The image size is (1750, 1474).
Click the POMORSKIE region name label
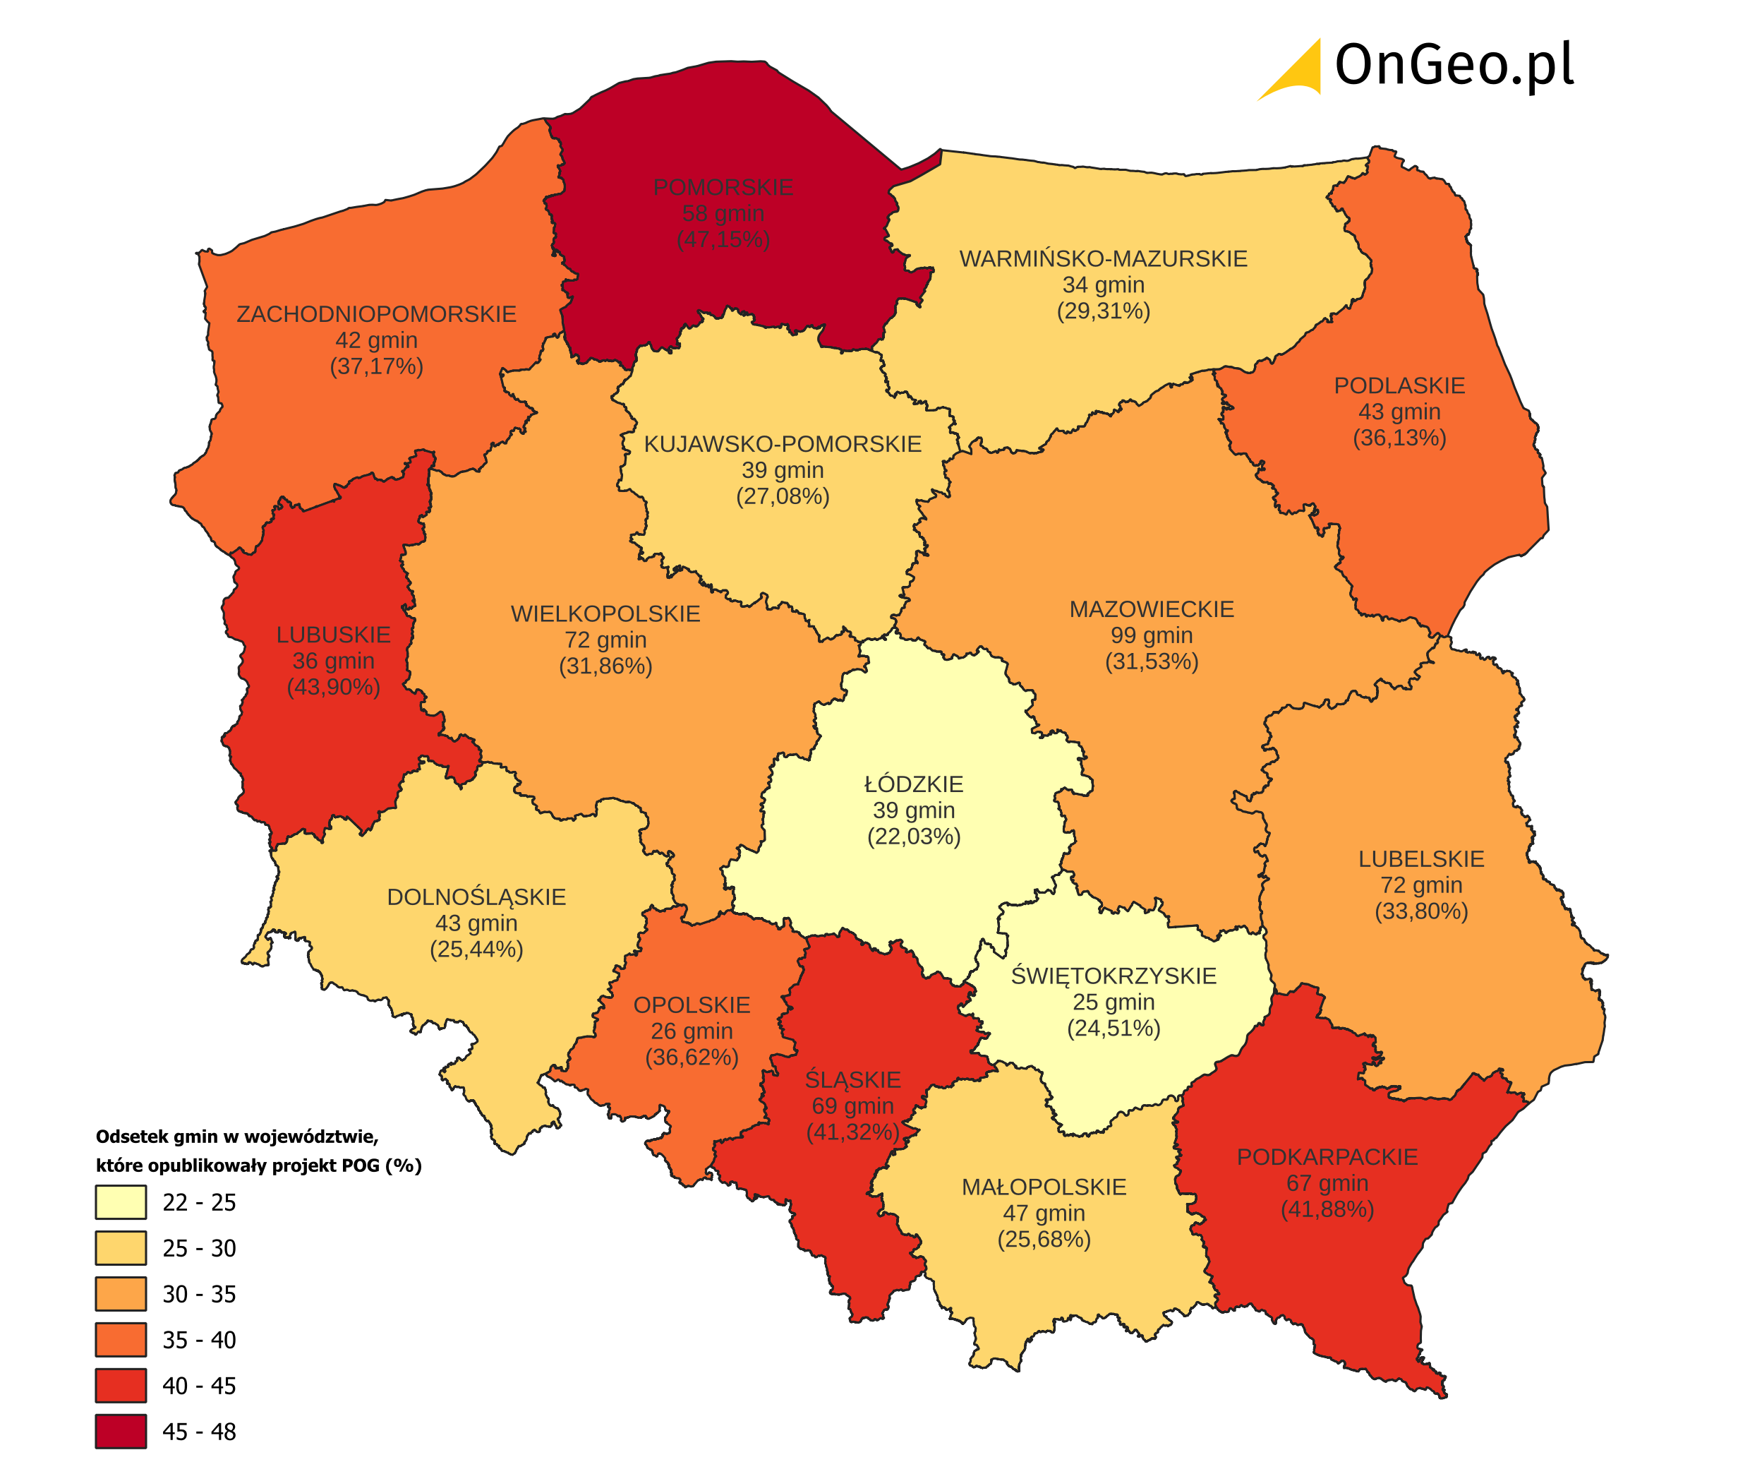[723, 187]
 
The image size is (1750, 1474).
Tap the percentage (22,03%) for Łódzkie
[914, 837]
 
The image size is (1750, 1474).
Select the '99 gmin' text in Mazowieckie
[1151, 635]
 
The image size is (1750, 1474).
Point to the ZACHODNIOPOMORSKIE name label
[376, 314]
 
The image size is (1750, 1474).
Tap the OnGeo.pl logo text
[1454, 65]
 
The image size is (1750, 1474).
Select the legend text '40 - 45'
[199, 1386]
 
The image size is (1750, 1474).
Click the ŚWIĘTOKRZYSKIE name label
[1114, 976]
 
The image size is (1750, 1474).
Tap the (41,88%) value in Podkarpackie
[1327, 1209]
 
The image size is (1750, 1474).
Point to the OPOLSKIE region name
[692, 1005]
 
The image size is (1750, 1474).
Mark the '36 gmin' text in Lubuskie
[333, 661]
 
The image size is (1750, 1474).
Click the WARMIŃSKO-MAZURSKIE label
[1103, 259]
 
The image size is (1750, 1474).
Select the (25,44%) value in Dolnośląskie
[476, 949]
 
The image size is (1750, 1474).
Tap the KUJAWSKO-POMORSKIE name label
[783, 445]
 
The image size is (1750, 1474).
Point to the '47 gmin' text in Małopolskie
[1044, 1214]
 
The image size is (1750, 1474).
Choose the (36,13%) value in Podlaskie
[1399, 438]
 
